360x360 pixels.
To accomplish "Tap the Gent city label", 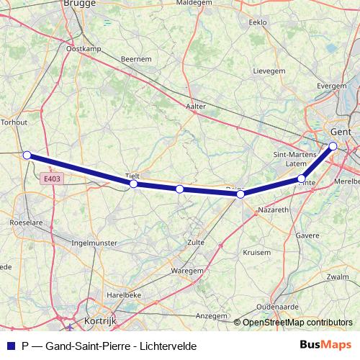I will [339, 132].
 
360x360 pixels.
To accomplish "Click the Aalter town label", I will [196, 106].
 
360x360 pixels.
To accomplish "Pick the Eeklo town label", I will [257, 22].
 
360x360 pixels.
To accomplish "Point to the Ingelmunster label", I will [94, 243].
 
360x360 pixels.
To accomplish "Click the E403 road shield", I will [51, 179].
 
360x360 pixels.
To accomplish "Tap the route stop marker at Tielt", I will [133, 184].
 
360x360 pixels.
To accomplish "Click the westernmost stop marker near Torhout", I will [27, 155].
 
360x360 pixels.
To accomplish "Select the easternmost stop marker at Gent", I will [333, 146].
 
